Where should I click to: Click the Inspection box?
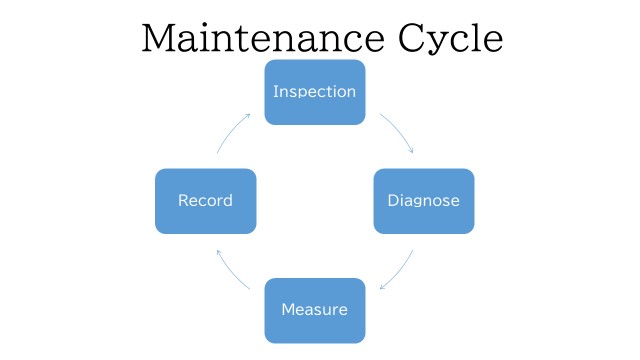click(315, 92)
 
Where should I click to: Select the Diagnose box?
click(424, 201)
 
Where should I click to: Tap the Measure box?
click(315, 311)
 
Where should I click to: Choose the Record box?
click(206, 201)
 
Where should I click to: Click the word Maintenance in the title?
click(263, 38)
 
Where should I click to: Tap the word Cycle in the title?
click(451, 41)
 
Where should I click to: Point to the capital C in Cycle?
click(411, 38)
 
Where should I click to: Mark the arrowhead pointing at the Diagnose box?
click(411, 150)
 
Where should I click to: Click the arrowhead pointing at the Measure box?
click(382, 287)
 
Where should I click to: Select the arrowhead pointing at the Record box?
click(219, 253)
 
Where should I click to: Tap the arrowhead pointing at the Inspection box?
click(247, 116)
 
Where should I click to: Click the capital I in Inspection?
click(276, 91)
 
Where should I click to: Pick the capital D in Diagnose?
click(392, 200)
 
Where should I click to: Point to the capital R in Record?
click(183, 200)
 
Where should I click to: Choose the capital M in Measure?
click(288, 309)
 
